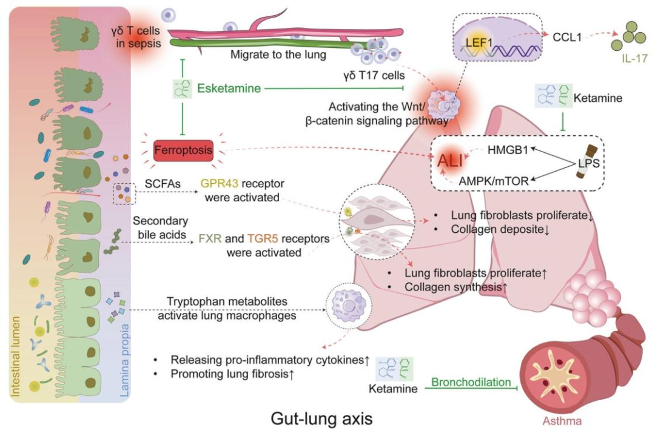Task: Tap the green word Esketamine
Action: tap(229, 89)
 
